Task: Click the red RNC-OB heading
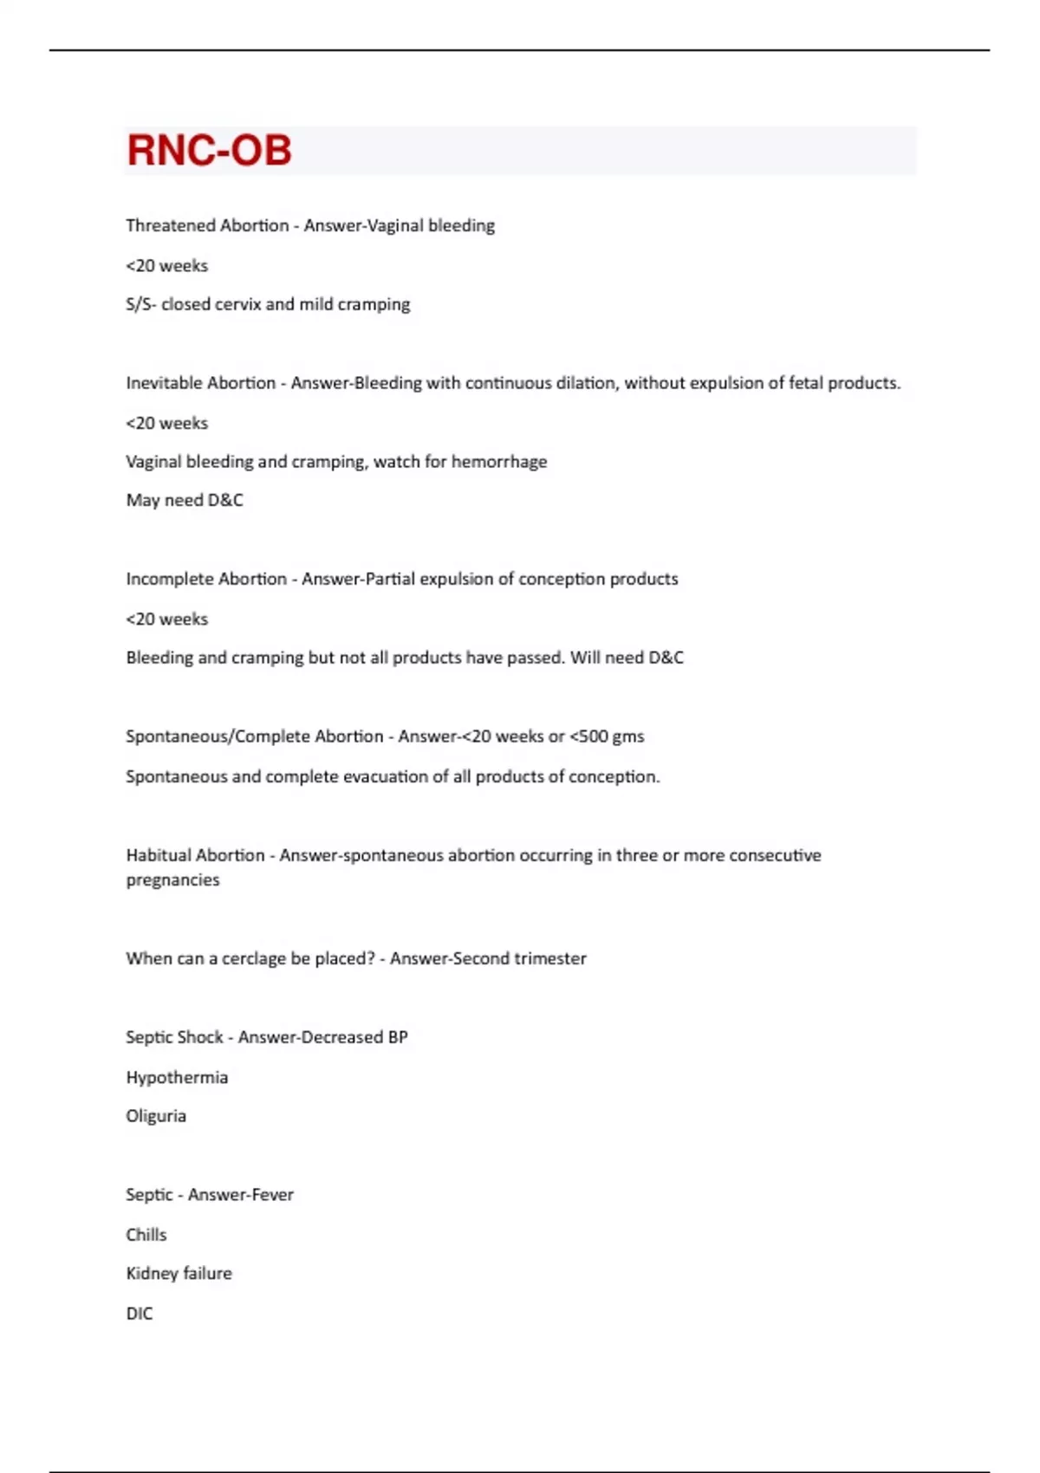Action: pos(209,150)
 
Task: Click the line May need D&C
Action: pos(185,501)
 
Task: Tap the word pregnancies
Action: pos(172,880)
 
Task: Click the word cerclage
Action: pos(254,959)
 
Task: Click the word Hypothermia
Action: pos(177,1078)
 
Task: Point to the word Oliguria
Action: pos(156,1116)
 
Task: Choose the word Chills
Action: pos(146,1235)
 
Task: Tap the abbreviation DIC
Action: pos(139,1314)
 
